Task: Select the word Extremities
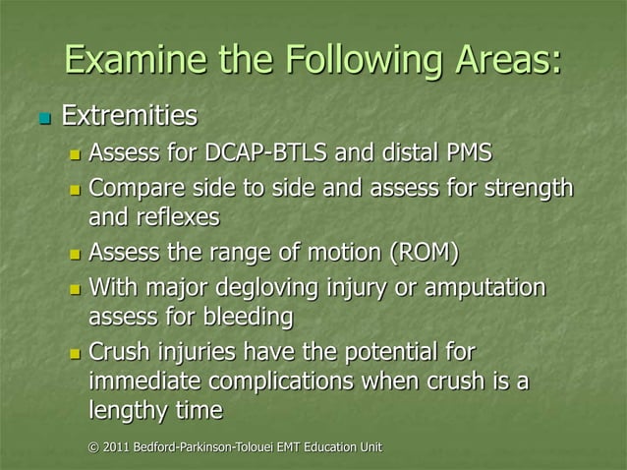click(x=129, y=119)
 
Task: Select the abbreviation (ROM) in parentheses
click(x=424, y=254)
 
